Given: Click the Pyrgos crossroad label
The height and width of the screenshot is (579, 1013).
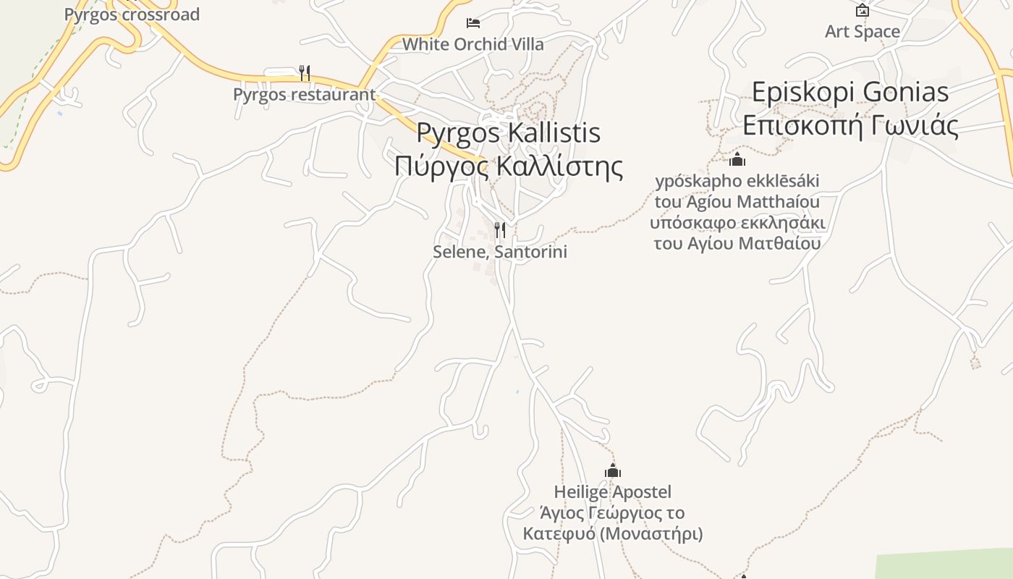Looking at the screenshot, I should [x=132, y=14].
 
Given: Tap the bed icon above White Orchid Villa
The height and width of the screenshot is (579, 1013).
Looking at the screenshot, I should [x=473, y=23].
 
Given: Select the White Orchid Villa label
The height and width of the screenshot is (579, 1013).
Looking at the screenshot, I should [x=473, y=44].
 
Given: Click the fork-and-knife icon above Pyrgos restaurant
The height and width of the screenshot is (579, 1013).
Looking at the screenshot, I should [x=305, y=73].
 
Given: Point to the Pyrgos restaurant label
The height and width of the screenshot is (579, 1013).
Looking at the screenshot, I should [x=304, y=94].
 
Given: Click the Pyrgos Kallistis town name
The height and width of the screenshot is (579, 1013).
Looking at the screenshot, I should [x=509, y=132].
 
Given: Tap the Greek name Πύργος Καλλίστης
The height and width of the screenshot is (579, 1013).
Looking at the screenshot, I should [x=509, y=166].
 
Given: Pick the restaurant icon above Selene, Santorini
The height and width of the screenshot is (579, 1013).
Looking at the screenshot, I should [x=499, y=230].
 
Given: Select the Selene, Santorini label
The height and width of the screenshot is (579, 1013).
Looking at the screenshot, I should [x=500, y=252].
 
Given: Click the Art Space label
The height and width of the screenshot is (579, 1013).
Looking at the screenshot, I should [x=862, y=32].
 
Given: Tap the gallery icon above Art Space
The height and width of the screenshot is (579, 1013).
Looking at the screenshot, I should [x=862, y=11].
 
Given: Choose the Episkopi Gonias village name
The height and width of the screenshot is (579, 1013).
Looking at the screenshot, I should [x=850, y=92].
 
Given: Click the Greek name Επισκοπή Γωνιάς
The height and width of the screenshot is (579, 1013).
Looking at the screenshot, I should [x=850, y=125].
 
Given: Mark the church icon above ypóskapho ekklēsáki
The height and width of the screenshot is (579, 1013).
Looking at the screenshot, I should [x=737, y=159].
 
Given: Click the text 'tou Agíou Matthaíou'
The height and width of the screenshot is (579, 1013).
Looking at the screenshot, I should [x=737, y=201].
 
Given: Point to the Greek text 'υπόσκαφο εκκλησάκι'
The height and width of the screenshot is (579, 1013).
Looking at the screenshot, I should [x=737, y=222].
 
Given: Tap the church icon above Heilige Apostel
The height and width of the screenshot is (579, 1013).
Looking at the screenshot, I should [x=613, y=471].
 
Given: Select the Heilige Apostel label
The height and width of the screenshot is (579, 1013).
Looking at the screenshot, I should [x=613, y=492].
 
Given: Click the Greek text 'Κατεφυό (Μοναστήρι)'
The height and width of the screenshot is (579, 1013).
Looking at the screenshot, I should [x=613, y=534].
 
